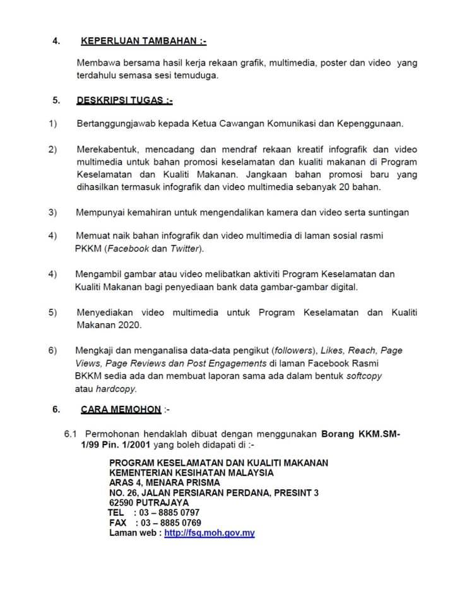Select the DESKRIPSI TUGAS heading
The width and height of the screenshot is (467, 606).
[124, 100]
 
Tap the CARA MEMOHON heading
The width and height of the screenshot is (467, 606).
[121, 409]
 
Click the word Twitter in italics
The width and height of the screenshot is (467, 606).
[187, 248]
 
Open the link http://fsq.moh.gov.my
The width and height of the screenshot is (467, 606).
[210, 533]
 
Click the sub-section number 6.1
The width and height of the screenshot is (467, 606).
[69, 434]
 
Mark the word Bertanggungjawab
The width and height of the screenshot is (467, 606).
[119, 123]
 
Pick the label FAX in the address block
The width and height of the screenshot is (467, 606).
[118, 523]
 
